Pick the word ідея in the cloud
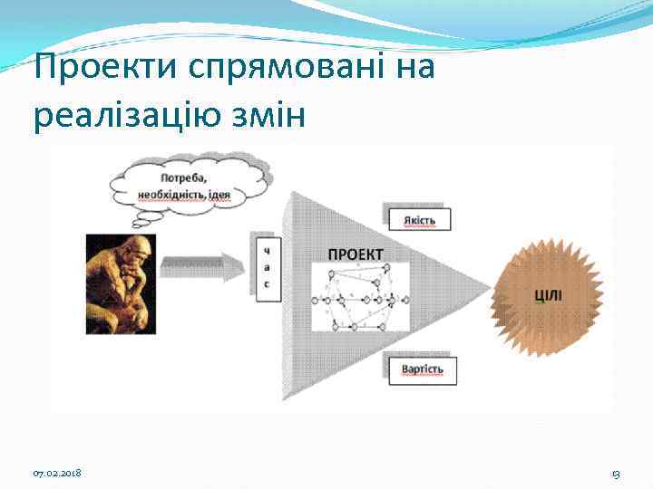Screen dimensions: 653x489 tap(241, 194)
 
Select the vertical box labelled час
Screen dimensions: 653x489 tap(267, 266)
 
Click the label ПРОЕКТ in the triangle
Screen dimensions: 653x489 tap(355, 254)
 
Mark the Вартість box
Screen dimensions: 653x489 tap(422, 369)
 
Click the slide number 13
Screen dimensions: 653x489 tap(615, 474)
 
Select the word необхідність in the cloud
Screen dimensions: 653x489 tap(174, 194)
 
